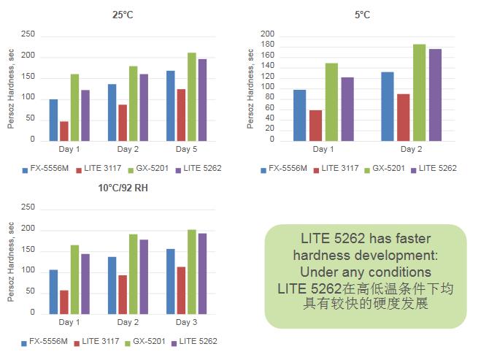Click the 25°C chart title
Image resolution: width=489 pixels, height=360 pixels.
pyautogui.click(x=122, y=12)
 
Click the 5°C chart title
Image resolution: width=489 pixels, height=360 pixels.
pyautogui.click(x=362, y=12)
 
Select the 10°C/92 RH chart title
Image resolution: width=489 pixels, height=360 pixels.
pyautogui.click(x=122, y=188)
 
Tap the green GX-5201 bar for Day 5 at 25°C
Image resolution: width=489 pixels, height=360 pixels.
pyautogui.click(x=192, y=96)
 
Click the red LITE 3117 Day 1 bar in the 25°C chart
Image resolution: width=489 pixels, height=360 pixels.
pyautogui.click(x=64, y=131)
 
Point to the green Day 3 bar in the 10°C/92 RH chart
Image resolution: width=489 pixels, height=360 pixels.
pyautogui.click(x=192, y=271)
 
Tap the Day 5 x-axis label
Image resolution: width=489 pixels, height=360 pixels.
pyautogui.click(x=186, y=149)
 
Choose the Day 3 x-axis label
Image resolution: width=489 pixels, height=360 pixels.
pyautogui.click(x=186, y=322)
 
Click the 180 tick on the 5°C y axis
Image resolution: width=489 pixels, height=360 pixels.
pyautogui.click(x=267, y=45)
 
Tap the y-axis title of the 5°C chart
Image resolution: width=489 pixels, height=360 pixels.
pyautogui.click(x=250, y=88)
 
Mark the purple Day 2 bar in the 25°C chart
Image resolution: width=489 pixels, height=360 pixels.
pyautogui.click(x=144, y=107)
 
